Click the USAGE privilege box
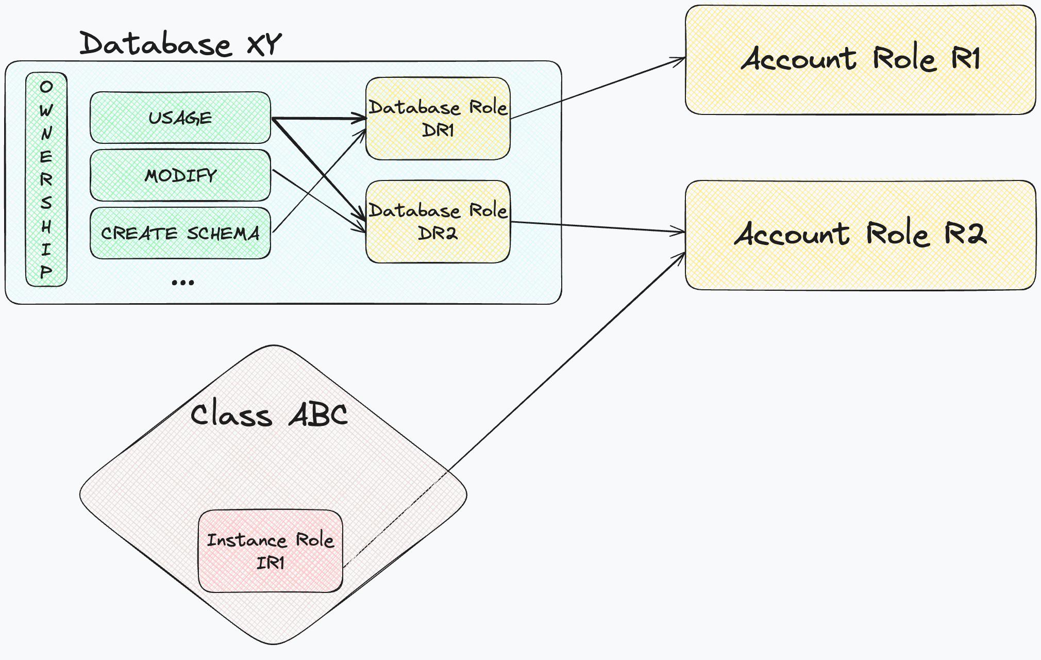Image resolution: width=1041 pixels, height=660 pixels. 180,118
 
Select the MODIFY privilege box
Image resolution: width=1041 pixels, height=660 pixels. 180,175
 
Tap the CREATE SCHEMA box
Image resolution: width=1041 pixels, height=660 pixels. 180,233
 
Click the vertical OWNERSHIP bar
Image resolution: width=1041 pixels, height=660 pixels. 46,179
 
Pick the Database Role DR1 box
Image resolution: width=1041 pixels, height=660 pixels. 438,119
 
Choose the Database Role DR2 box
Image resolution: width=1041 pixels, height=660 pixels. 438,222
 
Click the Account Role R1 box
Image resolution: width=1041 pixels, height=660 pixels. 860,59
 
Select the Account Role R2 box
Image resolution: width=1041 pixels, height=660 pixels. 860,235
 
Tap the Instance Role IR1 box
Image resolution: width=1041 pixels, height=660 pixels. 270,551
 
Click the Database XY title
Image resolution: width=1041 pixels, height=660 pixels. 180,43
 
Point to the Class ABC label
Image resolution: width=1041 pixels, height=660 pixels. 269,415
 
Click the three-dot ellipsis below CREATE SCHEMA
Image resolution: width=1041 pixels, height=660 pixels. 182,282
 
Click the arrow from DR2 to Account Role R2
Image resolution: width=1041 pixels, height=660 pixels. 598,227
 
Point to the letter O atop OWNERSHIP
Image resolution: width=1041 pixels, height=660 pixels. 46,87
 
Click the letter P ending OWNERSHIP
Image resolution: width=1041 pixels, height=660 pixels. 46,272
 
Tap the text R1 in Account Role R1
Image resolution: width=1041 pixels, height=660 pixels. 965,58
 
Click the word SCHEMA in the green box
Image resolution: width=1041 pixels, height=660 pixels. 223,234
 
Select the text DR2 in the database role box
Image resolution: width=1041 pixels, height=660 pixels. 438,233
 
